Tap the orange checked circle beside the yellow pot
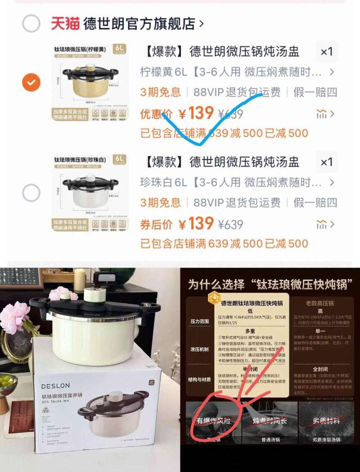coord(31,82)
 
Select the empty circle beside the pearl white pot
coord(31,193)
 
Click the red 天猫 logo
coord(65,23)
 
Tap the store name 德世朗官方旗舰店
coord(139,24)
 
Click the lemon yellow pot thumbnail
coord(90,82)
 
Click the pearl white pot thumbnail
coord(90,193)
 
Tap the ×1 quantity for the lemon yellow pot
coord(326,52)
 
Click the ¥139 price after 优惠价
coord(195,113)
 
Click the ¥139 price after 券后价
coord(195,223)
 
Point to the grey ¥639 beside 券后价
coord(230,224)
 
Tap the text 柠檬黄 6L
coord(163,72)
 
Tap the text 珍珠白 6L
coord(163,183)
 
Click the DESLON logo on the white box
coord(56,386)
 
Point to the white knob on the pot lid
coord(94,295)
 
